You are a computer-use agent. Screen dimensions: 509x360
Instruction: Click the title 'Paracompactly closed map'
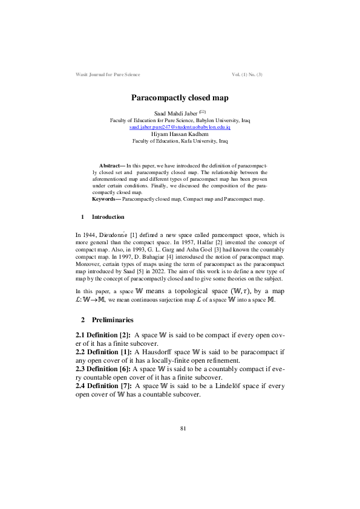point(180,97)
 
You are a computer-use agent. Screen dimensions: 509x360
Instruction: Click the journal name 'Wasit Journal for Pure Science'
point(108,74)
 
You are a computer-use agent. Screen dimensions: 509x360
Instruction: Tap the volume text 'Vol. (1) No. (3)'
point(247,74)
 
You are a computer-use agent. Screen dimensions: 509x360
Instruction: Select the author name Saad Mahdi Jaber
point(176,114)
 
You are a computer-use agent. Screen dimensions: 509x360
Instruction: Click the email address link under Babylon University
point(180,128)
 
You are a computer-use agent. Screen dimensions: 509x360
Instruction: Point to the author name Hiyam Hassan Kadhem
point(180,134)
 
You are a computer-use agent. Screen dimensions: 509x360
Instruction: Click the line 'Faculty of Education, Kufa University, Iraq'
point(180,141)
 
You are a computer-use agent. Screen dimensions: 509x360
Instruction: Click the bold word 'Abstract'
point(110,164)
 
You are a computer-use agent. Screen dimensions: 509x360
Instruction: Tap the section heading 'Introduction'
point(108,217)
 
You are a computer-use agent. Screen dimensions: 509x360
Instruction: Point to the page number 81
point(183,428)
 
